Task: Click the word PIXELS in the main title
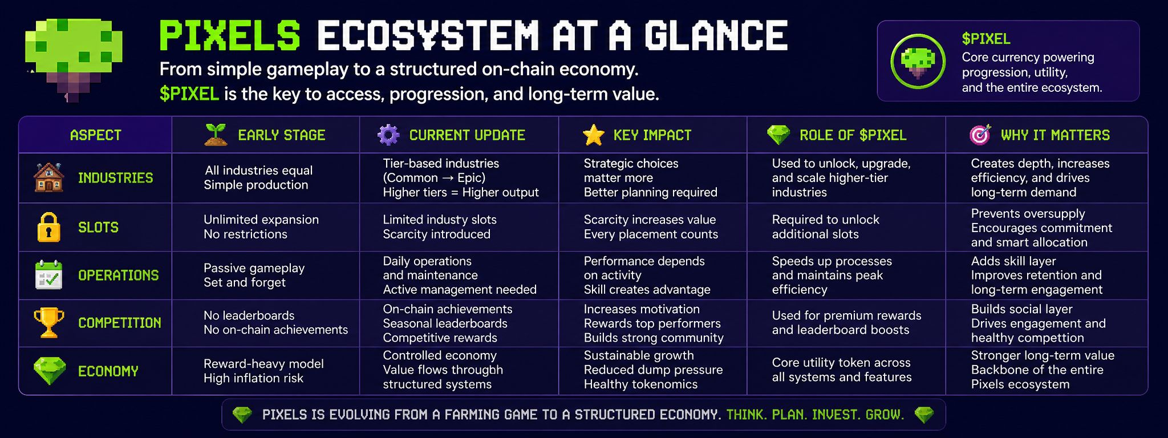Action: tap(229, 35)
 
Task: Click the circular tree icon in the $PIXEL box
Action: tap(918, 61)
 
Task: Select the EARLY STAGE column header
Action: tap(281, 135)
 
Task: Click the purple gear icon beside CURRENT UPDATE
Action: tap(388, 135)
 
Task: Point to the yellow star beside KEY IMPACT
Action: tap(593, 135)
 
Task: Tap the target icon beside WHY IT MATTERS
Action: tap(980, 135)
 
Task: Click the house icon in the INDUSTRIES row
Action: tap(48, 177)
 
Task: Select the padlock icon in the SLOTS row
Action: tap(48, 227)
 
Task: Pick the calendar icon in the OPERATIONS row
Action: tap(48, 275)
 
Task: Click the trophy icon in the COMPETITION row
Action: tap(48, 323)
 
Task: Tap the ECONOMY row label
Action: tap(108, 371)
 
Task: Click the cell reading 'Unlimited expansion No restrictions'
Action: tap(261, 227)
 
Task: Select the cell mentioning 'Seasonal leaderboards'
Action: tap(448, 323)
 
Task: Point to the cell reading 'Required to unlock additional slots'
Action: tap(826, 227)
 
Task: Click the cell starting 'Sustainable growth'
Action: tap(653, 370)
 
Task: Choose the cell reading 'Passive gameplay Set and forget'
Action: tap(254, 275)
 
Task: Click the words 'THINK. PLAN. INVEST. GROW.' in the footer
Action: tap(815, 415)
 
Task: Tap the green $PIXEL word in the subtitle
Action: tap(189, 94)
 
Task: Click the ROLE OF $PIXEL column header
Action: tap(853, 135)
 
